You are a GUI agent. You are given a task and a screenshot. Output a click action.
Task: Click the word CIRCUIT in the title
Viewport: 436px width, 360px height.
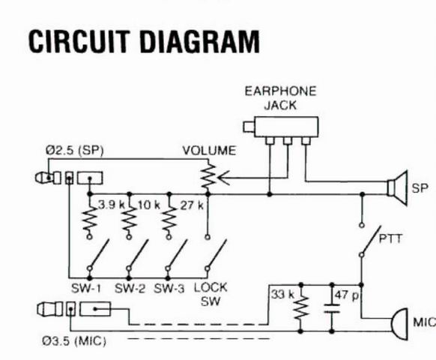tap(79, 41)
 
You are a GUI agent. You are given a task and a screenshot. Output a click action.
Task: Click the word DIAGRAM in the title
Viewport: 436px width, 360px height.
tap(200, 41)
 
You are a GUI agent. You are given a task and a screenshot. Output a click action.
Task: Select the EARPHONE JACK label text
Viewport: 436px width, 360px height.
tap(280, 98)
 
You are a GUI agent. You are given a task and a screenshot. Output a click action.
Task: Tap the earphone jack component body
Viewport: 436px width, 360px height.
tap(286, 127)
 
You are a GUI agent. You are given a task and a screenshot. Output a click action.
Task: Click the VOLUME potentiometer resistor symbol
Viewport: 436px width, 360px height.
tap(209, 177)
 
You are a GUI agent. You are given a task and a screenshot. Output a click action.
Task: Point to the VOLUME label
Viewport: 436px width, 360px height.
tap(209, 151)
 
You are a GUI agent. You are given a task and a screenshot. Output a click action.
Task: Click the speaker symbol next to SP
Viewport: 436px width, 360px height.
tap(398, 188)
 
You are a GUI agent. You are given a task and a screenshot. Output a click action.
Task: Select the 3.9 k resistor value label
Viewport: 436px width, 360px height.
tap(111, 205)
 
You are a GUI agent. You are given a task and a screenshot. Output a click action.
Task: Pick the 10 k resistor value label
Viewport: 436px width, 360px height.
tap(149, 205)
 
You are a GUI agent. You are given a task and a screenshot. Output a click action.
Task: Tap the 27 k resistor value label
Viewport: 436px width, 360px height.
tap(192, 205)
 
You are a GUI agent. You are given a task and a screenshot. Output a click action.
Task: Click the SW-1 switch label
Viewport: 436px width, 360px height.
tap(86, 289)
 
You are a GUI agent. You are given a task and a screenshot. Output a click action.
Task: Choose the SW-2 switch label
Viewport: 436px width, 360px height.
tap(130, 289)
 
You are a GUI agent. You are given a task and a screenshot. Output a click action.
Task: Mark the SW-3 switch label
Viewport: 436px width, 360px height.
tap(169, 289)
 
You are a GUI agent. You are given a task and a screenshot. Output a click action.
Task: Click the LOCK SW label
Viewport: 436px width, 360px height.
tap(211, 294)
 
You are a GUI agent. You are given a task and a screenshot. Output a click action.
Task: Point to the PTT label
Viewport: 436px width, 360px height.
tap(390, 239)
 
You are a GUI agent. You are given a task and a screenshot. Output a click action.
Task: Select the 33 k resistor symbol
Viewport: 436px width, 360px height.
tap(300, 307)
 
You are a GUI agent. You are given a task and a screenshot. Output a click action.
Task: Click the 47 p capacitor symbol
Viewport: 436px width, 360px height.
tap(332, 309)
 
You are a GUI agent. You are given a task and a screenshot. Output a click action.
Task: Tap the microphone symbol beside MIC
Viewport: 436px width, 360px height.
tap(399, 324)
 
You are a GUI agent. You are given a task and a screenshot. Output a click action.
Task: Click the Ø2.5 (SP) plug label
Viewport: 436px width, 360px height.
tap(74, 151)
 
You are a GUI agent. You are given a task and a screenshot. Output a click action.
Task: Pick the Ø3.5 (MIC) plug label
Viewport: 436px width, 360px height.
tap(74, 341)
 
